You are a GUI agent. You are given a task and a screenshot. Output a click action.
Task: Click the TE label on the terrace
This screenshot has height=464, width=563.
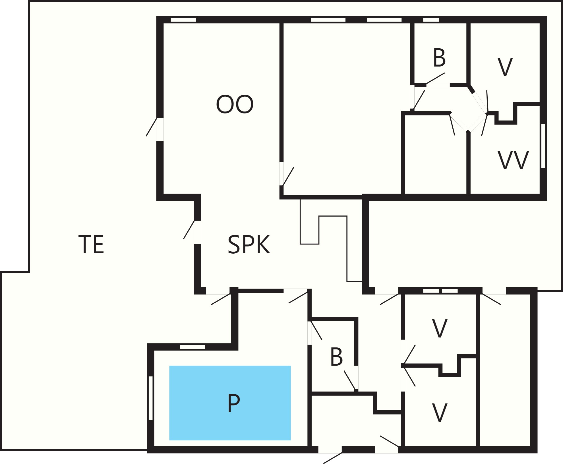tap(91, 245)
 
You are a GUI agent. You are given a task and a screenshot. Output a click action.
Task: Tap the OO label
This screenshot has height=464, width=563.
tap(235, 104)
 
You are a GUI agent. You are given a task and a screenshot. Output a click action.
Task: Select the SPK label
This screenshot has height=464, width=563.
tap(249, 245)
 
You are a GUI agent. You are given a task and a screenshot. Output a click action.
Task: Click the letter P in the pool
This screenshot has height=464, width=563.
tap(234, 403)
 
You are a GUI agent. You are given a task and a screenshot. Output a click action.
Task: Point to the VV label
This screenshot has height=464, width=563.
tap(513, 160)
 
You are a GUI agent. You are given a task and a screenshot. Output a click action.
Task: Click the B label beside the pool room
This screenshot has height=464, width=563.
tap(336, 357)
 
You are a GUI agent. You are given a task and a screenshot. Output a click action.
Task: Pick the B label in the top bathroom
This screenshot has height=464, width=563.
tap(439, 58)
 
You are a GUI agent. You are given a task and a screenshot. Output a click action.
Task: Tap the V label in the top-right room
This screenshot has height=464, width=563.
tap(505, 67)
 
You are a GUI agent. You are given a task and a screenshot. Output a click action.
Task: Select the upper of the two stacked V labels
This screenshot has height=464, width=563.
tap(440, 328)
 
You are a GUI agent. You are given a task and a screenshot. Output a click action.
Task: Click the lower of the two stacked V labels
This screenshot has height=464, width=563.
tap(440, 413)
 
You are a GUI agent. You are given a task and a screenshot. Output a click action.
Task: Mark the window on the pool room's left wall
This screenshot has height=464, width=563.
tap(151, 398)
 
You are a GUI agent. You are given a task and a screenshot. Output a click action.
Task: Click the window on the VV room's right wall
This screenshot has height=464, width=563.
tap(543, 146)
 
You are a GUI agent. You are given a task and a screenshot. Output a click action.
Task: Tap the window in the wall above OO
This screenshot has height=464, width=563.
tap(183, 20)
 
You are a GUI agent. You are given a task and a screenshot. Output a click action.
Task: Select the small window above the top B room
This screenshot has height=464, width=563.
tap(431, 20)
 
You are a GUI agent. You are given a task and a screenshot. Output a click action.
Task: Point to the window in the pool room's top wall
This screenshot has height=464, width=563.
tap(193, 347)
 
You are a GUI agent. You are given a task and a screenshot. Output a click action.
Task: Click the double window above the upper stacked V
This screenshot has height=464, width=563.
tap(440, 291)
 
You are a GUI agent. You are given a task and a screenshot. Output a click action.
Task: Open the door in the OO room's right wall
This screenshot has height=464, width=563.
tap(287, 174)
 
